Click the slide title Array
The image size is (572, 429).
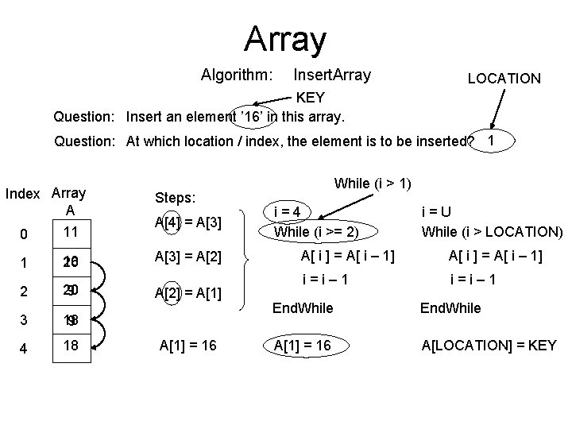pyautogui.click(x=285, y=37)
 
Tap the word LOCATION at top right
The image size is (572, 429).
pyautogui.click(x=504, y=78)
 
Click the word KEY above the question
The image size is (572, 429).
pyautogui.click(x=310, y=98)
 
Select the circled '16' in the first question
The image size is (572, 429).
pyautogui.click(x=253, y=117)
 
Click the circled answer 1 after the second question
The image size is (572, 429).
pyautogui.click(x=492, y=141)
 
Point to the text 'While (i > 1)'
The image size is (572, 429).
pyautogui.click(x=373, y=184)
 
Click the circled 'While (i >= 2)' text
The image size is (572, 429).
pyautogui.click(x=316, y=232)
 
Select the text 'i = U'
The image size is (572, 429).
pyautogui.click(x=436, y=212)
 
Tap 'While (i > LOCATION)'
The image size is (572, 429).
pyautogui.click(x=492, y=232)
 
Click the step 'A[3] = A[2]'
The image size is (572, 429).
pyautogui.click(x=188, y=257)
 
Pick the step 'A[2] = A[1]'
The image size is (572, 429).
pyautogui.click(x=188, y=294)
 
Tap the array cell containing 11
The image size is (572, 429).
pyautogui.click(x=71, y=233)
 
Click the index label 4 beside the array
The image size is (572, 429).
pyautogui.click(x=24, y=348)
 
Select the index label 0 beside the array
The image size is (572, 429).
pyautogui.click(x=24, y=234)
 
